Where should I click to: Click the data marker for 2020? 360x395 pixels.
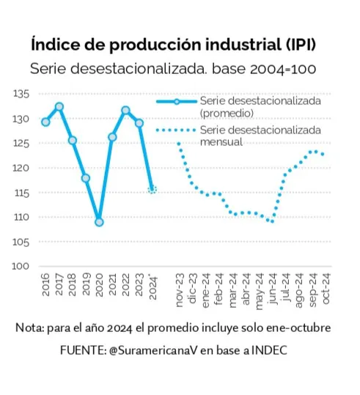(x=99, y=221)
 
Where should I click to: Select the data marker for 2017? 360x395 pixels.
(x=59, y=107)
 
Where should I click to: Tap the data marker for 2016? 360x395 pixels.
(x=45, y=122)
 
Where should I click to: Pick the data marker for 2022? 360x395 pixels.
(x=125, y=111)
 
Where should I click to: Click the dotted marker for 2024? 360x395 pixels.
(x=153, y=189)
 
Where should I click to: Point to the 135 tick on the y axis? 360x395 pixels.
(x=21, y=94)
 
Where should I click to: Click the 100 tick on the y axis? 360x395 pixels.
(x=21, y=266)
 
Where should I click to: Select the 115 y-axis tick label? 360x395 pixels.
(x=21, y=193)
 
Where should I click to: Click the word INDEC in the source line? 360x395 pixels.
(x=269, y=351)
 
